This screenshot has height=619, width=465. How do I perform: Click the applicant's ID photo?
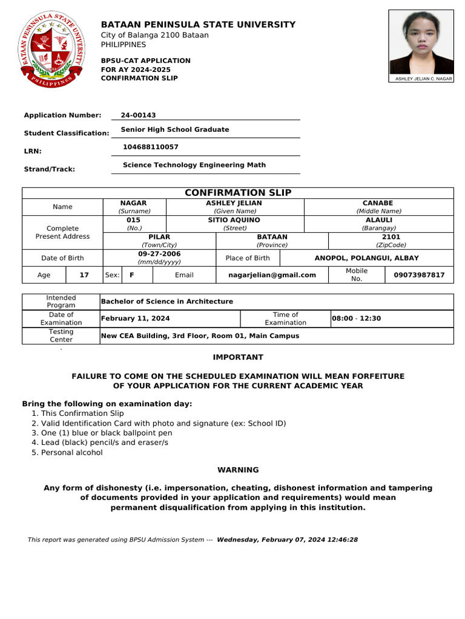[x=421, y=42]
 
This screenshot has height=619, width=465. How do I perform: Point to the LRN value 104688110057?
[x=151, y=147]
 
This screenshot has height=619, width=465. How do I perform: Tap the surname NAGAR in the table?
[x=134, y=203]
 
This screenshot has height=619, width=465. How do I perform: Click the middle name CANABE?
[x=378, y=203]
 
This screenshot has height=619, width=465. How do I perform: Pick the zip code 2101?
[x=391, y=237]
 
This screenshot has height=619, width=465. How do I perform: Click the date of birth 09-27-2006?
[x=159, y=254]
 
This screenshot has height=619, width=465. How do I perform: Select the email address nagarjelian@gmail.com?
[x=272, y=275]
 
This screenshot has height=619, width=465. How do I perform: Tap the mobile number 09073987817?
[x=419, y=275]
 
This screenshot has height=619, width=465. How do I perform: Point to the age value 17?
[x=84, y=275]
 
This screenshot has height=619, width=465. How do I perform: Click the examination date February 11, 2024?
[x=136, y=319]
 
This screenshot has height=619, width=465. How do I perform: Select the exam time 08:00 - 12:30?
[x=356, y=319]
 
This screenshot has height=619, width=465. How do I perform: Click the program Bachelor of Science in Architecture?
[x=167, y=302]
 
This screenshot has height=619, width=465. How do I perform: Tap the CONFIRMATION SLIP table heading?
[x=238, y=193]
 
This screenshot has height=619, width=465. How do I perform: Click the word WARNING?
[x=238, y=470]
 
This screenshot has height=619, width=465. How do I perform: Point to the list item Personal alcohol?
[x=71, y=452]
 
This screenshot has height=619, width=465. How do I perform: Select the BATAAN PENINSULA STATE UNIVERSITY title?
[x=198, y=25]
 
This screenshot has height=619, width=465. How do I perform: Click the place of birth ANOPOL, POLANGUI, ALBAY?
[x=366, y=258]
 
